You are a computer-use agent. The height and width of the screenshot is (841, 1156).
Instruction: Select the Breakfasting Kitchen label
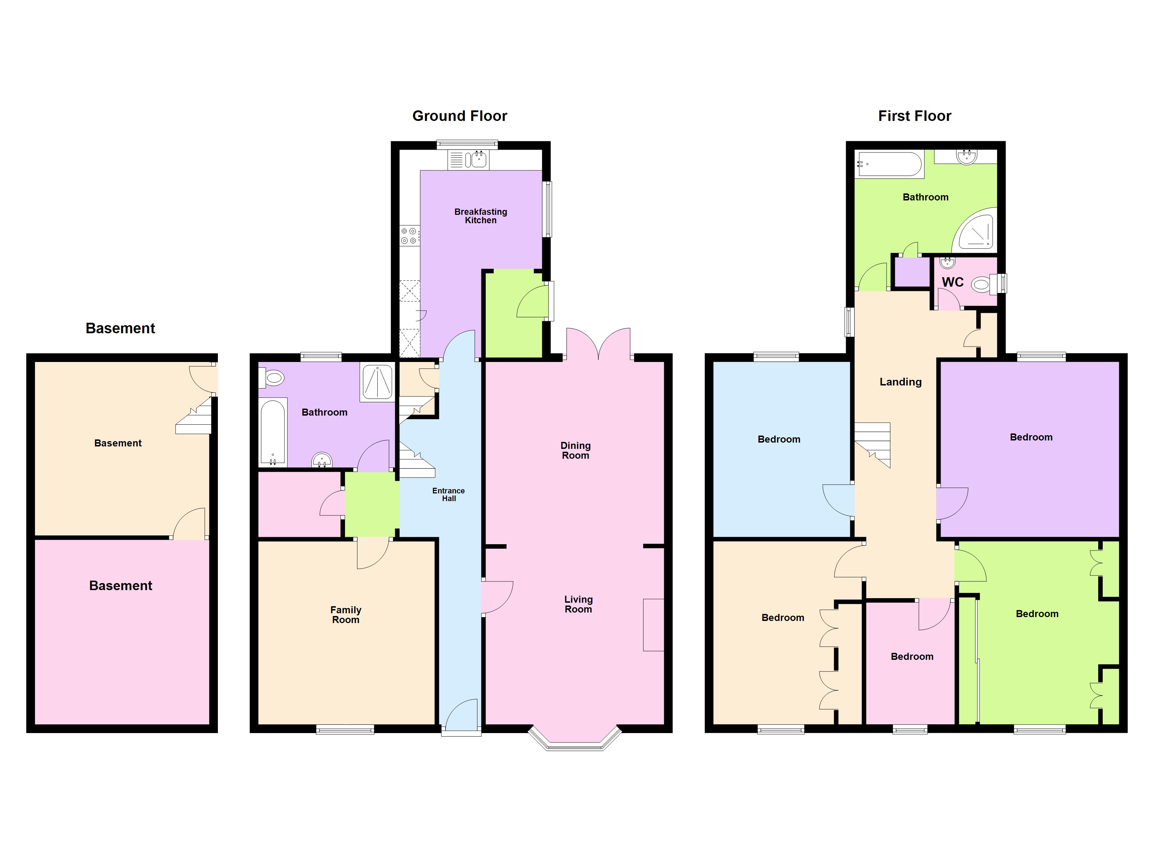(481, 216)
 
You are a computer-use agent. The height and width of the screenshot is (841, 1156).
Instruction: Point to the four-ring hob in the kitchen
(409, 235)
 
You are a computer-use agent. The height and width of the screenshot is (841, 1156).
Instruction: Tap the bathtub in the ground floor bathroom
(273, 432)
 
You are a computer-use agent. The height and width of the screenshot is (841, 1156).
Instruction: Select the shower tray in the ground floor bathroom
(377, 382)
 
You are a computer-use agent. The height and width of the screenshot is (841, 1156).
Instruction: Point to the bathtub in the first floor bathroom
(889, 164)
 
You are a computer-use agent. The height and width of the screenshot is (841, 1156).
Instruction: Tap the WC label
(952, 282)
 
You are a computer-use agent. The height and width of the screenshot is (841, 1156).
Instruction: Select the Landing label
(901, 382)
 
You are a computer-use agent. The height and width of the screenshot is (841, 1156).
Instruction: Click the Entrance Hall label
(448, 494)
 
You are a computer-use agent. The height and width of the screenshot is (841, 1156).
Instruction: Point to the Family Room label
(346, 615)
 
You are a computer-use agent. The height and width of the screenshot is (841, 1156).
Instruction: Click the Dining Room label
(576, 450)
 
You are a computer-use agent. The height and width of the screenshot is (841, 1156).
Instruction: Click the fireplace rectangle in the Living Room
(653, 625)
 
